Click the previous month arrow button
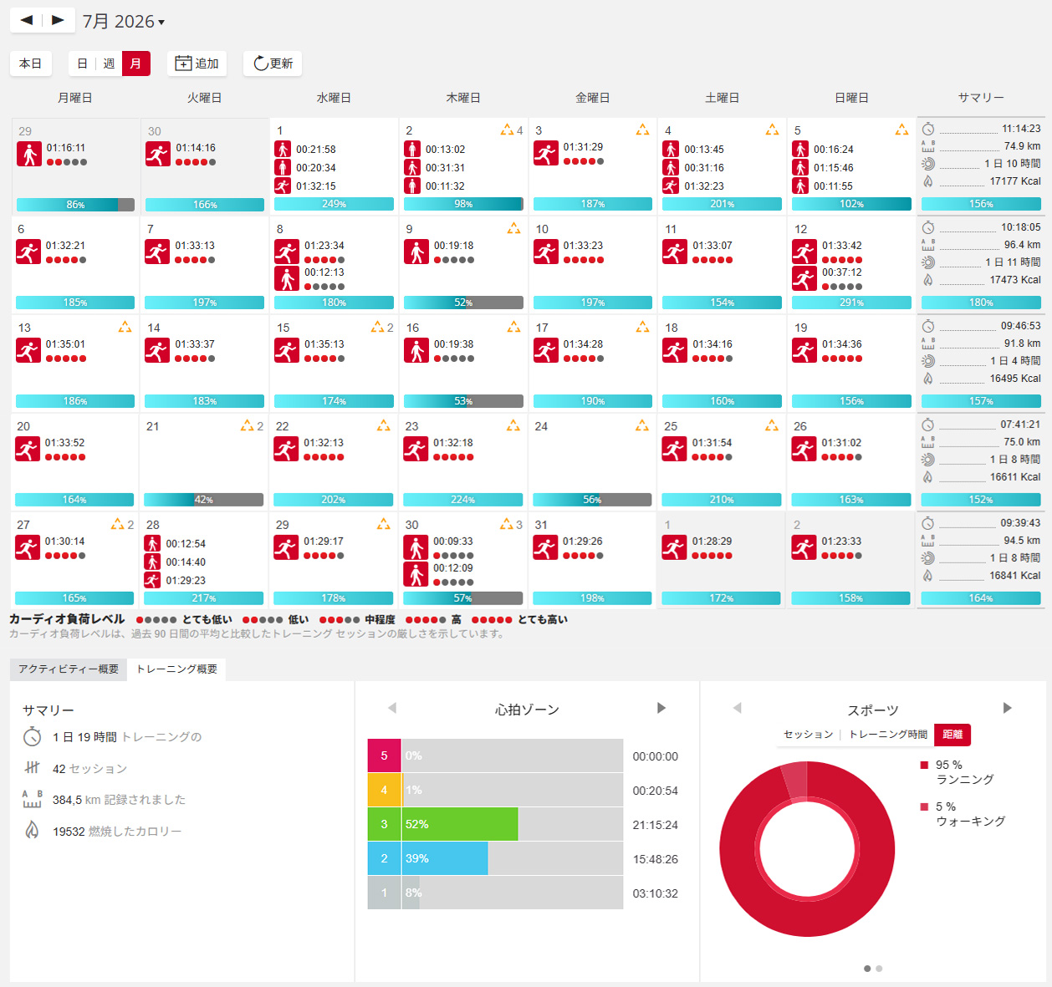click(x=27, y=21)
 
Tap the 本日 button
click(x=31, y=64)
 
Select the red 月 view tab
click(x=135, y=64)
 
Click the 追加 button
click(x=197, y=64)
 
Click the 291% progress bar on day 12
click(x=851, y=303)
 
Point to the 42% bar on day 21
click(x=204, y=499)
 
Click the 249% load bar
click(x=334, y=204)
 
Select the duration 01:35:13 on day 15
click(x=324, y=344)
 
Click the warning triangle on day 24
click(x=642, y=425)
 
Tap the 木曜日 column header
click(x=463, y=98)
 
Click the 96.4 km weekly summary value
click(x=1023, y=245)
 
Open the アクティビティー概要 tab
click(x=69, y=669)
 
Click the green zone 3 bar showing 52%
click(x=460, y=824)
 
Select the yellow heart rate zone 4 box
click(x=384, y=790)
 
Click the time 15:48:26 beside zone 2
click(x=656, y=859)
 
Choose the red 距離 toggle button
click(x=952, y=735)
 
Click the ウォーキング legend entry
click(x=970, y=822)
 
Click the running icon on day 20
click(x=28, y=449)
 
